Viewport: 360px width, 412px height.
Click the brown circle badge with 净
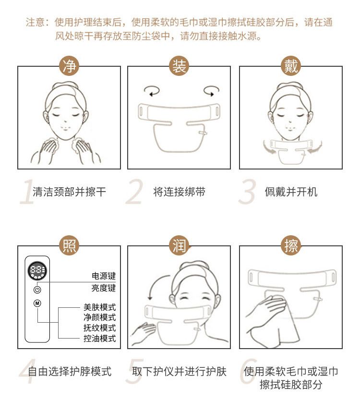[x=69, y=66]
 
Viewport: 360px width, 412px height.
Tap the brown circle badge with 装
[x=179, y=66]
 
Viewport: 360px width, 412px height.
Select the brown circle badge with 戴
[x=291, y=66]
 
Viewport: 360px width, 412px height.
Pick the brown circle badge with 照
[x=69, y=245]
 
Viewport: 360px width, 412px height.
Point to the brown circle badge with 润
[x=179, y=245]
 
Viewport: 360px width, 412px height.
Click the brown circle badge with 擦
[x=291, y=245]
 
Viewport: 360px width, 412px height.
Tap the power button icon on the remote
[x=37, y=290]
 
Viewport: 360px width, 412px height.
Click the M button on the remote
[x=37, y=303]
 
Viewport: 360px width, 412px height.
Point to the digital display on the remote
[x=37, y=271]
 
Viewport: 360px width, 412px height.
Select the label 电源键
[x=104, y=276]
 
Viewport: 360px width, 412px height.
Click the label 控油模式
[x=99, y=338]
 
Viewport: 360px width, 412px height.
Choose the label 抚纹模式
[x=99, y=327]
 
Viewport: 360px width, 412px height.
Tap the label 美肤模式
[x=99, y=307]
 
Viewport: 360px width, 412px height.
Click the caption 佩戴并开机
[x=291, y=192]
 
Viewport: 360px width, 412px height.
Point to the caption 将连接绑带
[x=179, y=192]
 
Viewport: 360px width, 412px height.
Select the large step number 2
[x=134, y=192]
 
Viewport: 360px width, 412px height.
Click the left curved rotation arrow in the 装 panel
[x=152, y=91]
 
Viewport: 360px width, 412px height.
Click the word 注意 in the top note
[x=35, y=23]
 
